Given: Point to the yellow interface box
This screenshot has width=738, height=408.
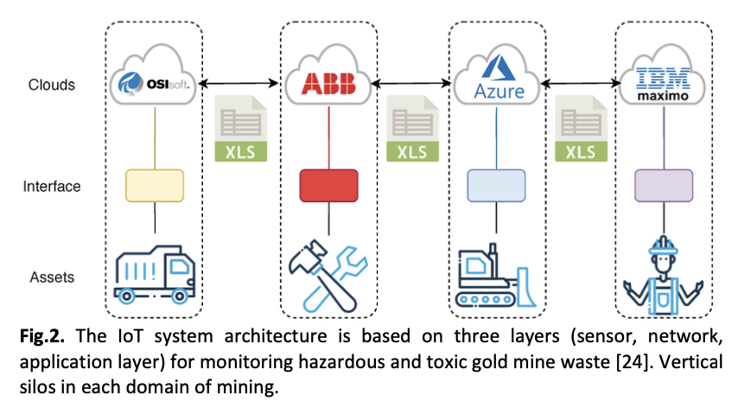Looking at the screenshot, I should (155, 184).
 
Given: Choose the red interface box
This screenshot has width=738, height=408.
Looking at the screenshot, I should (328, 184).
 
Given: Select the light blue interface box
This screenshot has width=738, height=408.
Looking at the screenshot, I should (497, 184).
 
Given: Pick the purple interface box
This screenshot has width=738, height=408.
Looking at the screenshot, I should (664, 184).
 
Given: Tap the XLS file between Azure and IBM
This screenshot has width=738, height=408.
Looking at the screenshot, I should (581, 129).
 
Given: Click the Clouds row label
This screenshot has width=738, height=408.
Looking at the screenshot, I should (52, 85).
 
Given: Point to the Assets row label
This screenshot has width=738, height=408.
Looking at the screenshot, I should (51, 277).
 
